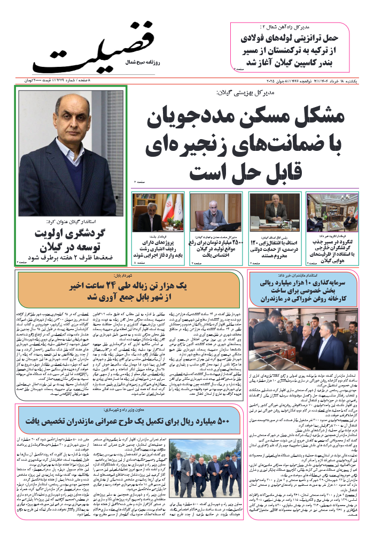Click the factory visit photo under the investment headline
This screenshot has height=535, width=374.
[303, 335]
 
